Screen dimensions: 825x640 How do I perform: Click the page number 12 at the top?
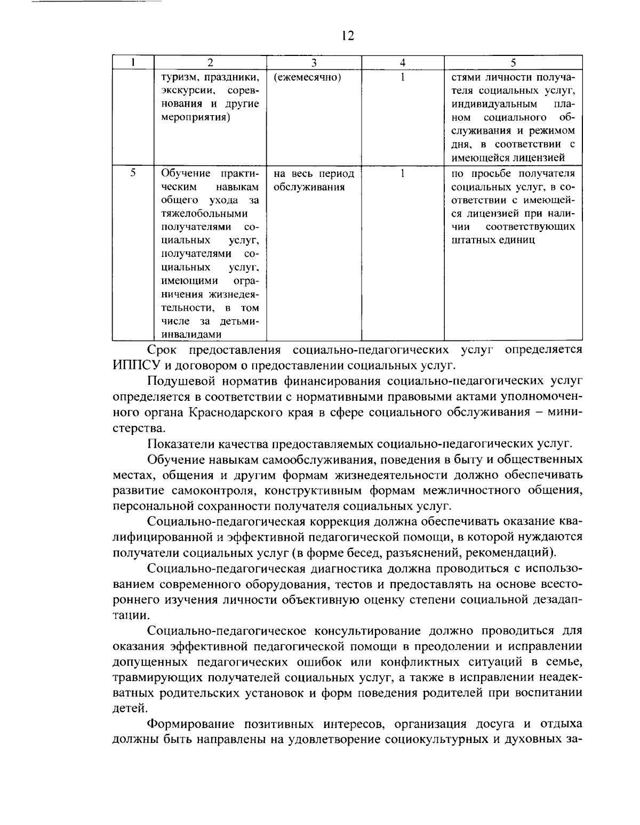point(346,36)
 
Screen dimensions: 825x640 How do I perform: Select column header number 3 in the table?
point(314,62)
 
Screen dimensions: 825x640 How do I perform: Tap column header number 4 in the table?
point(403,62)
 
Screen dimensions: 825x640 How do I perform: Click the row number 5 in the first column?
point(133,173)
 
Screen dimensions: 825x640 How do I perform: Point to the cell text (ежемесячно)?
point(307,77)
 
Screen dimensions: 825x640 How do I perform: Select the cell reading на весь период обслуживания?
point(314,181)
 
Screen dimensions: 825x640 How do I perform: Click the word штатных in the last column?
point(471,240)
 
